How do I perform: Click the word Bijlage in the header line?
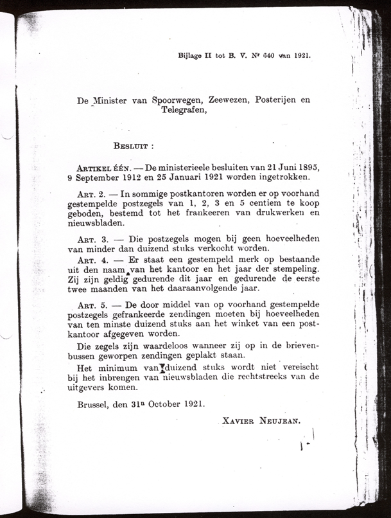[191, 55]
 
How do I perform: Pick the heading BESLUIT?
[130, 146]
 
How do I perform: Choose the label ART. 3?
[89, 238]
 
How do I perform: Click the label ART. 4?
[89, 259]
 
